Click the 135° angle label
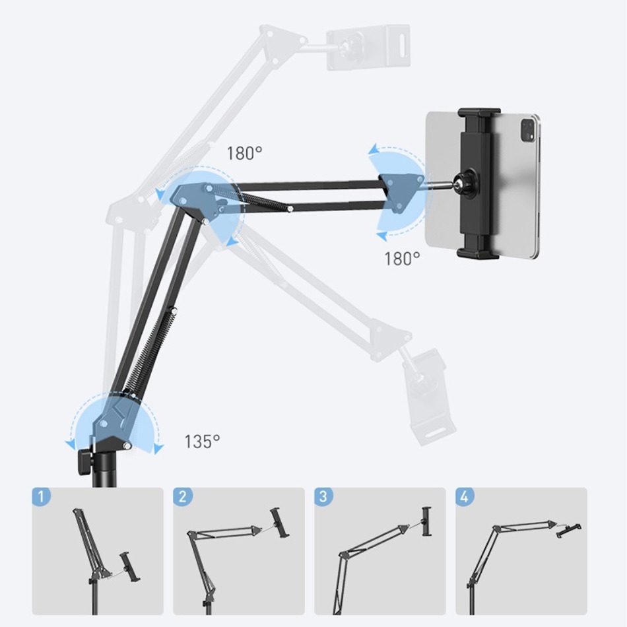pyautogui.click(x=203, y=442)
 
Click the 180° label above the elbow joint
pyautogui.click(x=244, y=153)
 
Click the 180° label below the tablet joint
pyautogui.click(x=402, y=259)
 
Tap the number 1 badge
pyautogui.click(x=42, y=497)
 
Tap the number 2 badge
pyautogui.click(x=183, y=497)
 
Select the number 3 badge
pyautogui.click(x=324, y=497)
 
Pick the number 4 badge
pyautogui.click(x=465, y=497)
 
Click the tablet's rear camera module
pyautogui.click(x=528, y=129)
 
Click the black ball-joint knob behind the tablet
pyautogui.click(x=466, y=183)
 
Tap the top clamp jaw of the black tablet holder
pyautogui.click(x=479, y=114)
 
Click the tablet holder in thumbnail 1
pyautogui.click(x=129, y=567)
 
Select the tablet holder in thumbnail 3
pyautogui.click(x=426, y=521)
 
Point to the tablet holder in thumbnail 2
pyautogui.click(x=280, y=522)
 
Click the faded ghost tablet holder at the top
pyautogui.click(x=368, y=47)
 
